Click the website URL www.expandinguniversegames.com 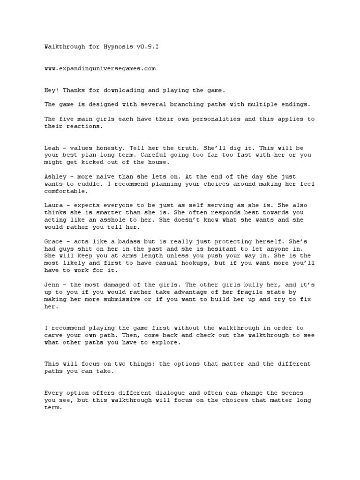click(x=100, y=68)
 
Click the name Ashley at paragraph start click(x=55, y=177)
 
